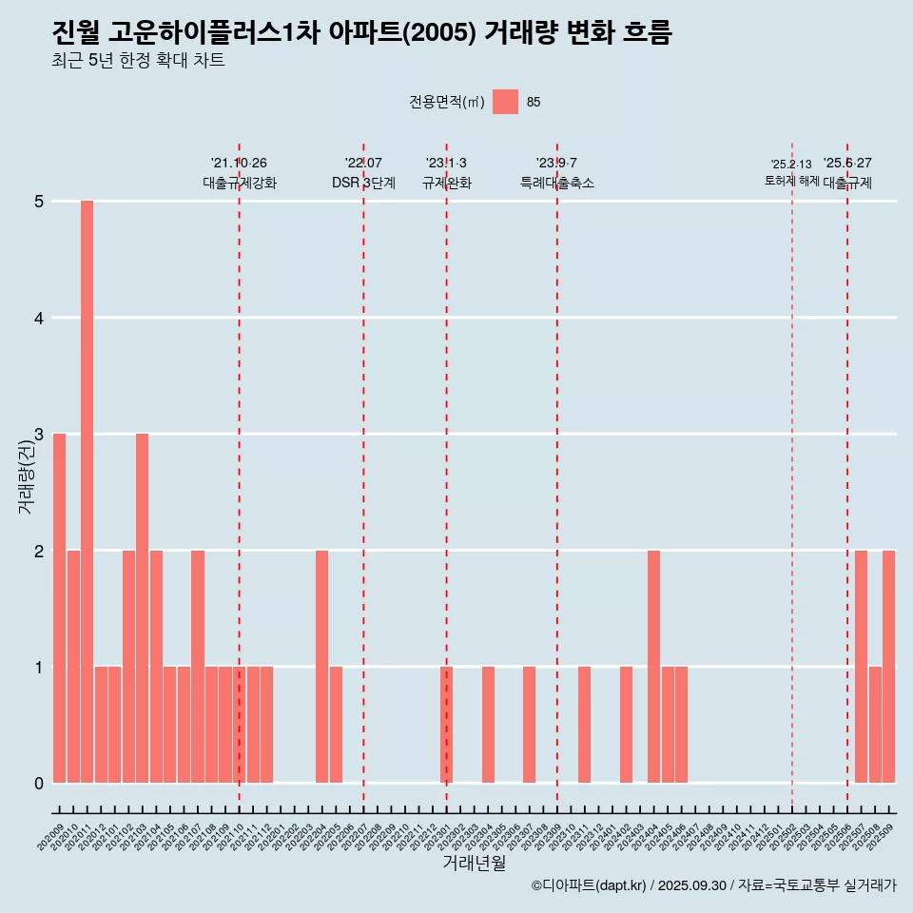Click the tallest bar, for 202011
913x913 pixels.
coord(87,492)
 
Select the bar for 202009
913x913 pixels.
coord(59,609)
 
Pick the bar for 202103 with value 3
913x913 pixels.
coord(142,609)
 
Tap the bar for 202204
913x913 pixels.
coord(321,667)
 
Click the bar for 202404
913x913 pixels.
coord(653,667)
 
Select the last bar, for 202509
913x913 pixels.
coord(888,667)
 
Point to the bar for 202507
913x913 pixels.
coord(861,667)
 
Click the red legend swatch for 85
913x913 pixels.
coord(505,102)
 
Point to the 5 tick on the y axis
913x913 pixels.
coord(39,202)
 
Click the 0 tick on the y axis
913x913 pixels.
coord(39,784)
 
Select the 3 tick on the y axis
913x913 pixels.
coord(39,435)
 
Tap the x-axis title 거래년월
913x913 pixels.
coord(474,863)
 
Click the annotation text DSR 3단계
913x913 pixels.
coord(363,184)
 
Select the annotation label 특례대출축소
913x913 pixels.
coord(556,184)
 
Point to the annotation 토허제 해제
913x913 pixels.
coord(791,181)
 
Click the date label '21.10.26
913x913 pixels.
coord(239,164)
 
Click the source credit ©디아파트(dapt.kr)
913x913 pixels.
coord(589,886)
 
